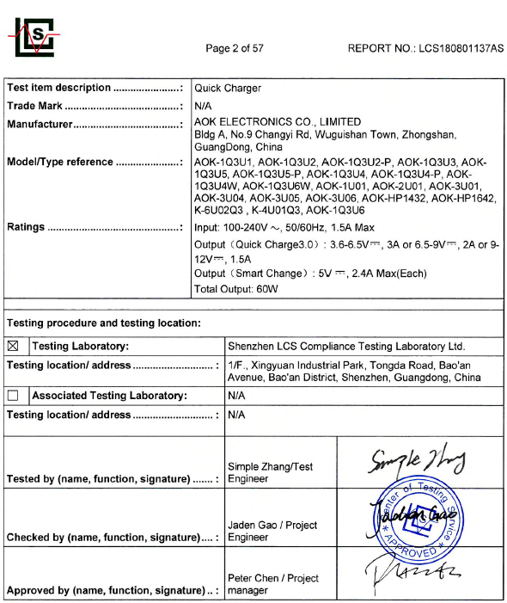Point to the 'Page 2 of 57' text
(x=235, y=48)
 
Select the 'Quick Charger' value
(x=228, y=88)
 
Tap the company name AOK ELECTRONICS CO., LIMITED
(x=278, y=122)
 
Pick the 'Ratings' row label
(x=26, y=227)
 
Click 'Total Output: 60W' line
(x=236, y=289)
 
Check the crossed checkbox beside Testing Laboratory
(x=13, y=347)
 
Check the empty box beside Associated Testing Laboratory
(x=13, y=396)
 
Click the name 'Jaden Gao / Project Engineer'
(x=272, y=531)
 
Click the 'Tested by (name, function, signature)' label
(x=98, y=479)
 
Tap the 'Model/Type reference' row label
(x=60, y=162)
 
